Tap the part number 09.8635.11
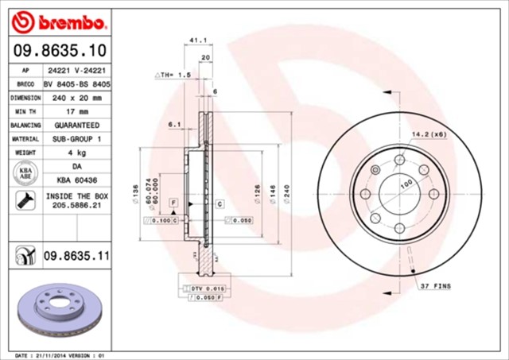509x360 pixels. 76,257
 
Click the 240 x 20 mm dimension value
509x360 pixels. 77,97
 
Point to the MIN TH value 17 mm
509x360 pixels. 77,111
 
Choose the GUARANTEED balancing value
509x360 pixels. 77,126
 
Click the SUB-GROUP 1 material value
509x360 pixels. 77,139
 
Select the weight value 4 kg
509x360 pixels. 77,153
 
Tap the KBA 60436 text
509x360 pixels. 77,180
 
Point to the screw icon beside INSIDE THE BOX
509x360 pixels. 24,199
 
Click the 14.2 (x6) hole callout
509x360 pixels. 429,134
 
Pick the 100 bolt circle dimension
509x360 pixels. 406,184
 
